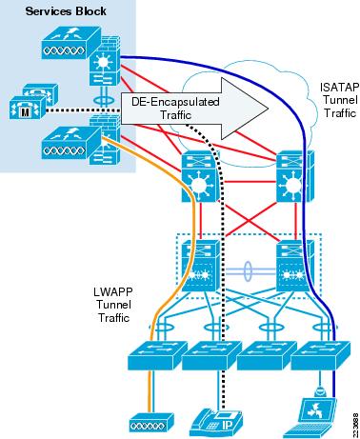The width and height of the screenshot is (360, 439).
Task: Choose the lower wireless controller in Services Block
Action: [x=66, y=149]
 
